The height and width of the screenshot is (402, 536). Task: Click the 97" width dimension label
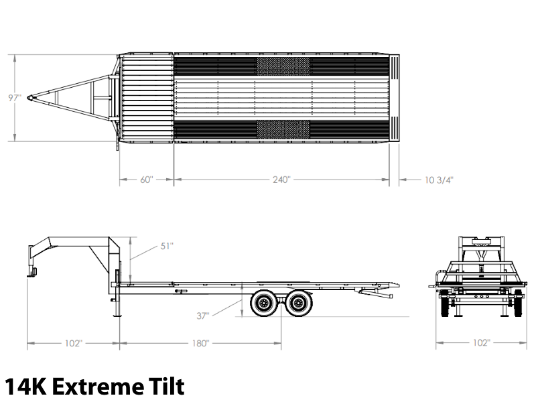15,98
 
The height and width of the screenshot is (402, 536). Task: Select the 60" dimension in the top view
147,180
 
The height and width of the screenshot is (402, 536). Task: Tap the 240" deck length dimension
281,180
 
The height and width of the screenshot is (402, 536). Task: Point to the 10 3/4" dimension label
439,180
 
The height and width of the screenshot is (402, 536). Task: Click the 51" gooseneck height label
167,246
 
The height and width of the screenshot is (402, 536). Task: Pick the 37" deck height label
203,316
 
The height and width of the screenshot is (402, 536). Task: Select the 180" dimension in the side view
200,343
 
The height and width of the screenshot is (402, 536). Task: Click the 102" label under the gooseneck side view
74,343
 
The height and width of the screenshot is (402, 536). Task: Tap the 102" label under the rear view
481,342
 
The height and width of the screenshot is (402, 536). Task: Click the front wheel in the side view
264,304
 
